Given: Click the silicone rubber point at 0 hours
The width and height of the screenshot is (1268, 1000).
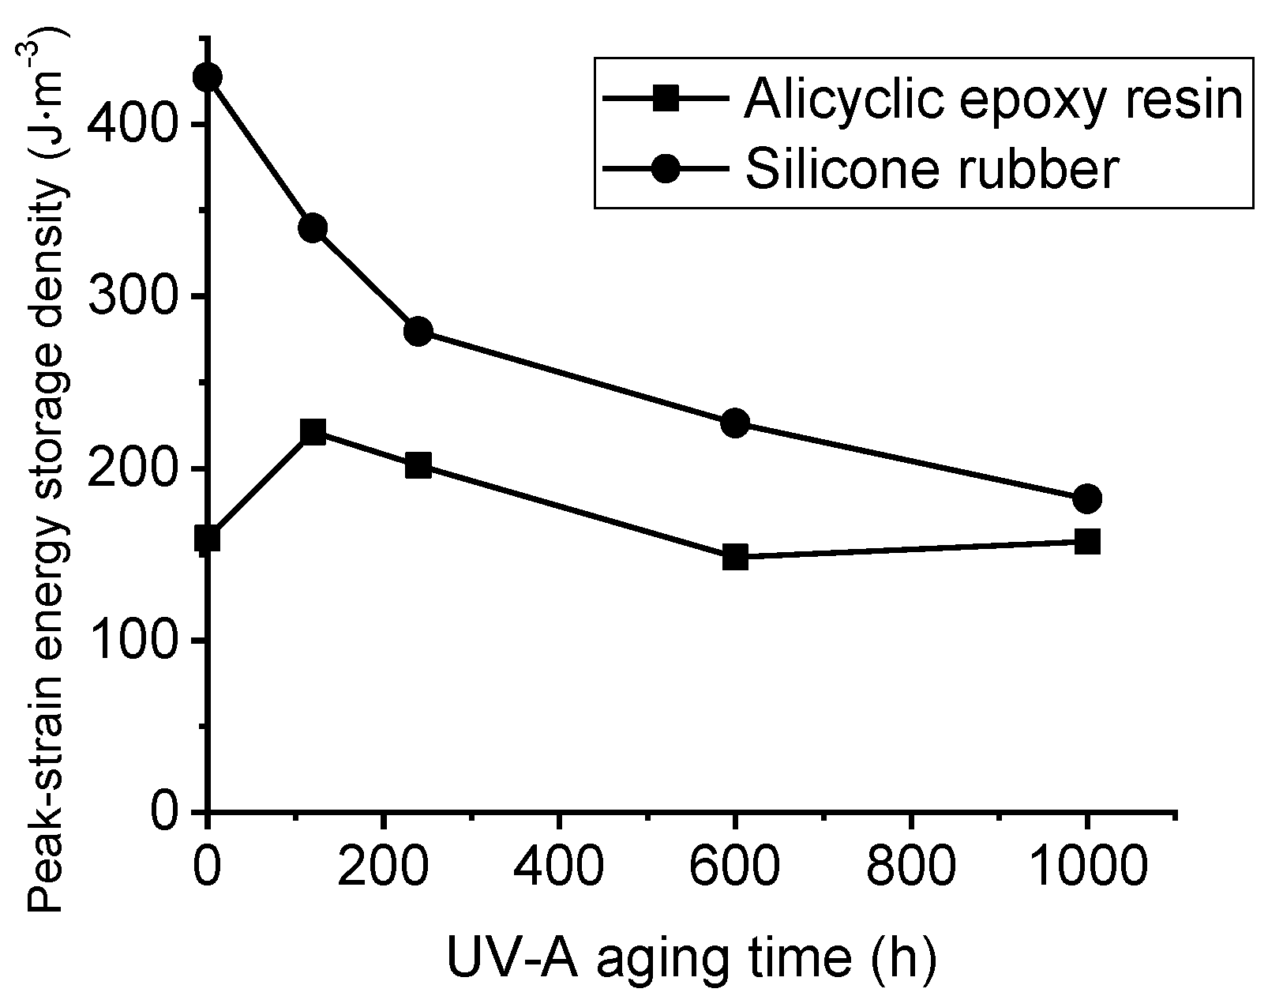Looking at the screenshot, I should (207, 77).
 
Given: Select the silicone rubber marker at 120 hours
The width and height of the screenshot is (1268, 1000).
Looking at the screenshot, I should (313, 228).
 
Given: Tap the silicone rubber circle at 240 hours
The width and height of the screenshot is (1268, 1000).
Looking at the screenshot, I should (418, 331).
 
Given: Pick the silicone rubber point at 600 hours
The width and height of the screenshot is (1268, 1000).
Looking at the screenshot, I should (735, 423).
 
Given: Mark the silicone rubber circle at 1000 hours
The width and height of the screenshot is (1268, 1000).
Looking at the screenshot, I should (1087, 498).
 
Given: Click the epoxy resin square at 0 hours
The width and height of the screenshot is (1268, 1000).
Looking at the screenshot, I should (207, 539).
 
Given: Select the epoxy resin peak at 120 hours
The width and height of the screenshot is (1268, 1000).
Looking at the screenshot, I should (313, 432).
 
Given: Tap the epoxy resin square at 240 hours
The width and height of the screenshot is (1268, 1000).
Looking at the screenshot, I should (418, 465).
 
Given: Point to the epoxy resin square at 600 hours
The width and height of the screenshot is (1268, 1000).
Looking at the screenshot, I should (735, 557).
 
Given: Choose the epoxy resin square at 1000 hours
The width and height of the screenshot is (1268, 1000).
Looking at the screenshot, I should (1087, 542).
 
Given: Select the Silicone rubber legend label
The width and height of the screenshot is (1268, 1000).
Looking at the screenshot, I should (932, 170).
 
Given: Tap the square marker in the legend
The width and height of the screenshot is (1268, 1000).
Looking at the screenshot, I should (667, 100).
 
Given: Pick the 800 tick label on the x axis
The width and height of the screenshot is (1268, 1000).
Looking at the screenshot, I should (911, 867).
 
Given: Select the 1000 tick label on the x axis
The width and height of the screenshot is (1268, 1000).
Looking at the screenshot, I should (1087, 867).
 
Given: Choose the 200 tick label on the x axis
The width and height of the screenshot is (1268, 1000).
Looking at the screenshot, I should (383, 867).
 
